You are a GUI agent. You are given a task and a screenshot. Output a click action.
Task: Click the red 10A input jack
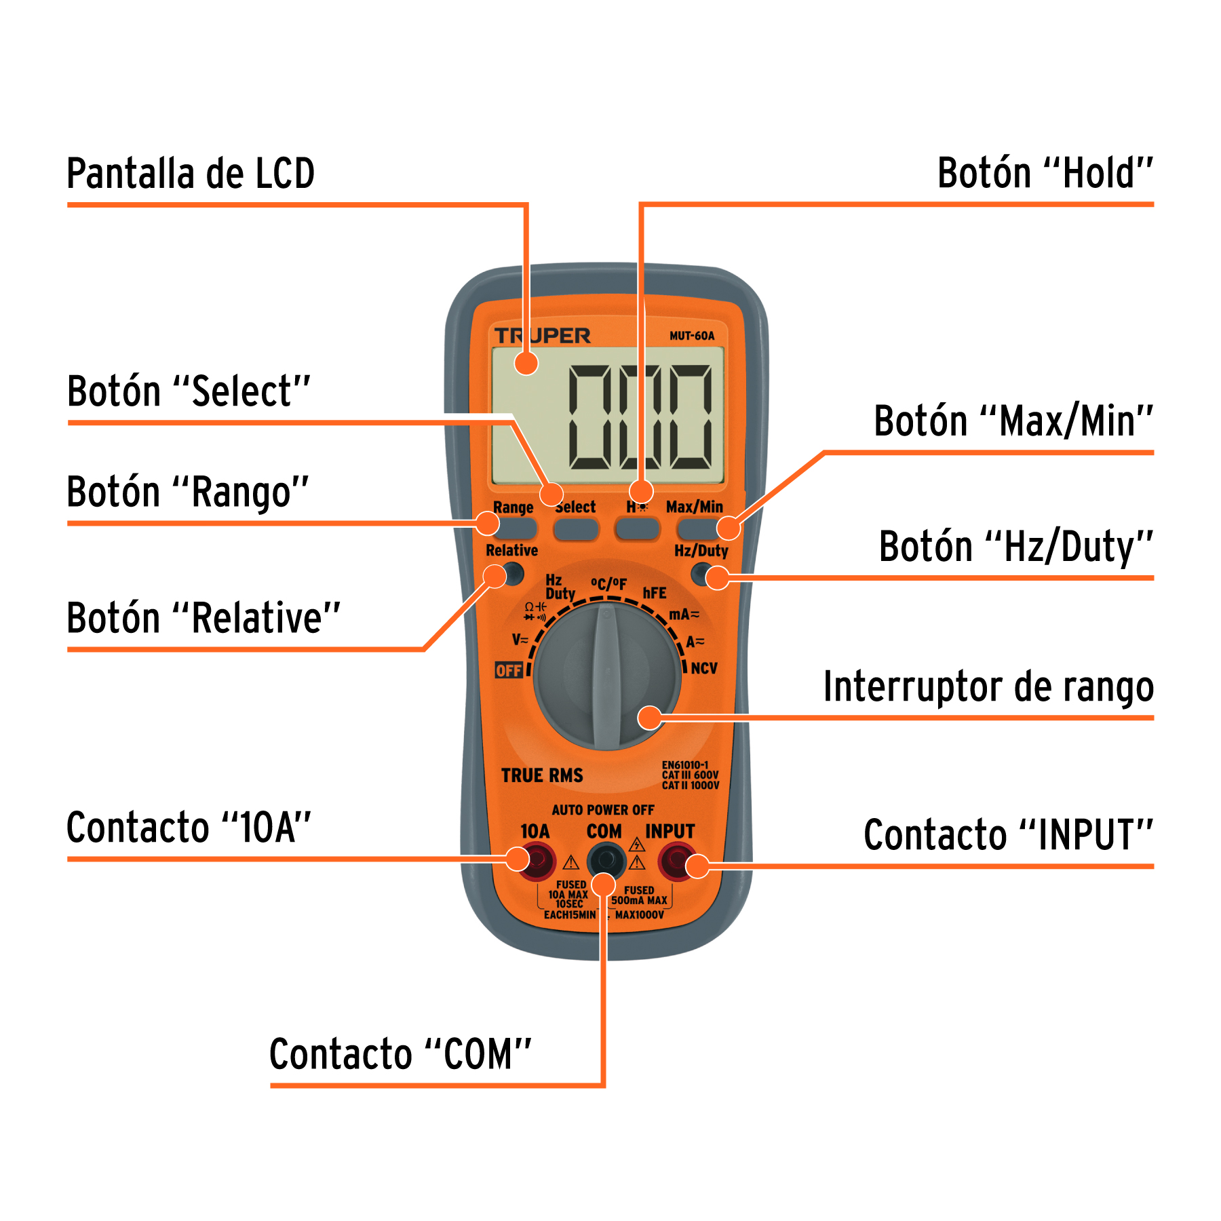537,861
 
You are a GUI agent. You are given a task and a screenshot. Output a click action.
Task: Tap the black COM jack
606,860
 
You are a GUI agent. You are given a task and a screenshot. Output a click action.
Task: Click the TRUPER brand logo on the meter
542,336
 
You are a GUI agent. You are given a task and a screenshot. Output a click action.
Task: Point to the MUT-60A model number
691,336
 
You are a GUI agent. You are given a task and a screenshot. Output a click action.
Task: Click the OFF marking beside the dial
508,670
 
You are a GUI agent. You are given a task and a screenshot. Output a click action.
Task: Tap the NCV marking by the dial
703,668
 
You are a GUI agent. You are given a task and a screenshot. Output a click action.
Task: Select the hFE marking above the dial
655,593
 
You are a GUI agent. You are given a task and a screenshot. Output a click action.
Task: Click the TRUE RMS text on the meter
542,775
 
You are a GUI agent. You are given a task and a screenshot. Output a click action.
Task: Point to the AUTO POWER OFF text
603,810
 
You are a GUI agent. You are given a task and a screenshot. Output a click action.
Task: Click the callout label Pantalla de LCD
191,174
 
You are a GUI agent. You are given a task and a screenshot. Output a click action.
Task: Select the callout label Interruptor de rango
988,687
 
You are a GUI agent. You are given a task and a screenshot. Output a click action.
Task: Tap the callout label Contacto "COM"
400,1054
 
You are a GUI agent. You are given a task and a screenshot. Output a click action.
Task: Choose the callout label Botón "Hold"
1045,174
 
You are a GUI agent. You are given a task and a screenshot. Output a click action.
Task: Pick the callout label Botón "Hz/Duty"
1015,547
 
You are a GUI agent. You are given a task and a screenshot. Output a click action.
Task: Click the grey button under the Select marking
576,529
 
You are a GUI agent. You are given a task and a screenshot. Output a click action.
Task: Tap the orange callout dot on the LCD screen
526,364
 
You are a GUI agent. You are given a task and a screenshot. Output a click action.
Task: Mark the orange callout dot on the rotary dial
650,717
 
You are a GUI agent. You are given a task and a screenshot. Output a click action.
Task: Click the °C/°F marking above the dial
608,583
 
